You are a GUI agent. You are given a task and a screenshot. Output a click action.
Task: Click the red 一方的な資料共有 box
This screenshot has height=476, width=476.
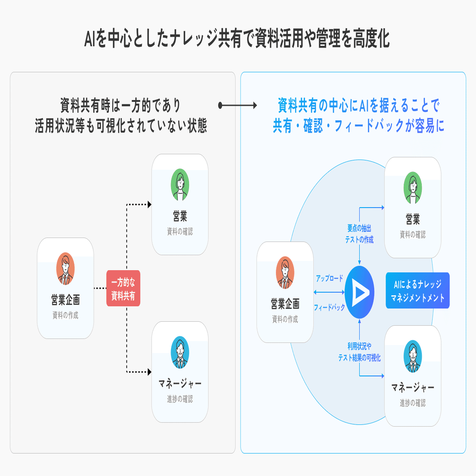[123, 288]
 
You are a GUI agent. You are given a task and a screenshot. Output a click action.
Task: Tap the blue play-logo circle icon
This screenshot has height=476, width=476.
[360, 292]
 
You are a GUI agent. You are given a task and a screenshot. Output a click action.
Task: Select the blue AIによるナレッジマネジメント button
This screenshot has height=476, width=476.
[417, 290]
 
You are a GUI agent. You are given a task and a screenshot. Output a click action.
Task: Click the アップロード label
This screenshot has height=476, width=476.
[329, 279]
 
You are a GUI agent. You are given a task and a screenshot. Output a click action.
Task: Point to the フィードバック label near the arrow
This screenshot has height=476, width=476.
[329, 307]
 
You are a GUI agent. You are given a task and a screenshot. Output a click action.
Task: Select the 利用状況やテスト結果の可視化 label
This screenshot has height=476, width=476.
[360, 353]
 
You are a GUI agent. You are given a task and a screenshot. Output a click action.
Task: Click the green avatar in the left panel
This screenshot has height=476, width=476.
[180, 185]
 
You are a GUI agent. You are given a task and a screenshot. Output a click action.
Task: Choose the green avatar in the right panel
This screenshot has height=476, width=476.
[413, 188]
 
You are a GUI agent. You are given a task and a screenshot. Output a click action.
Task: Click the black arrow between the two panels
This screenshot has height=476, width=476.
[238, 106]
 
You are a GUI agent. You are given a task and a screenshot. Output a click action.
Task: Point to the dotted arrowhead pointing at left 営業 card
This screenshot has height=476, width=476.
[149, 205]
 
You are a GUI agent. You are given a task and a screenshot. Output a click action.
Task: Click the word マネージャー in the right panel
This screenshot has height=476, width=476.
[413, 388]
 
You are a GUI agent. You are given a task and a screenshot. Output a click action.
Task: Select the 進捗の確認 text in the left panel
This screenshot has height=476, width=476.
[180, 399]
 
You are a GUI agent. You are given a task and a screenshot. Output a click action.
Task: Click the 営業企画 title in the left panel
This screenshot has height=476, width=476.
[65, 301]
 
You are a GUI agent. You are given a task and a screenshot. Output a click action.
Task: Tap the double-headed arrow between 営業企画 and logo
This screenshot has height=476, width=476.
[329, 292]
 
